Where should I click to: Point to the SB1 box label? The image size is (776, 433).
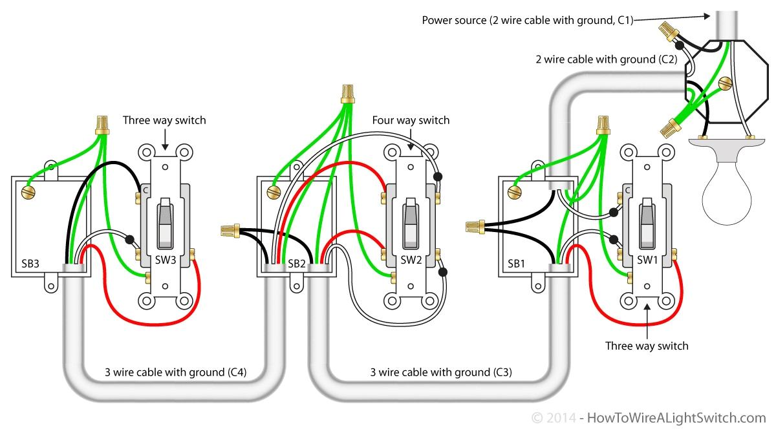point(516,264)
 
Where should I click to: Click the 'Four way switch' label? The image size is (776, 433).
point(411,121)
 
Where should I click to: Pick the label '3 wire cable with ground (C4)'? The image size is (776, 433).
point(175,372)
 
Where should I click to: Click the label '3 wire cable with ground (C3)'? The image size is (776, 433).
point(440,372)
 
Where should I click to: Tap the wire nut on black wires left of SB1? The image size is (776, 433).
point(475,226)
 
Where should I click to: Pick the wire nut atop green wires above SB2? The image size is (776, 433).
point(349,93)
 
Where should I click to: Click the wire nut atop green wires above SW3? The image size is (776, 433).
point(101,124)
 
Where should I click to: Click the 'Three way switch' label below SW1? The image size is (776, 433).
point(647,346)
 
